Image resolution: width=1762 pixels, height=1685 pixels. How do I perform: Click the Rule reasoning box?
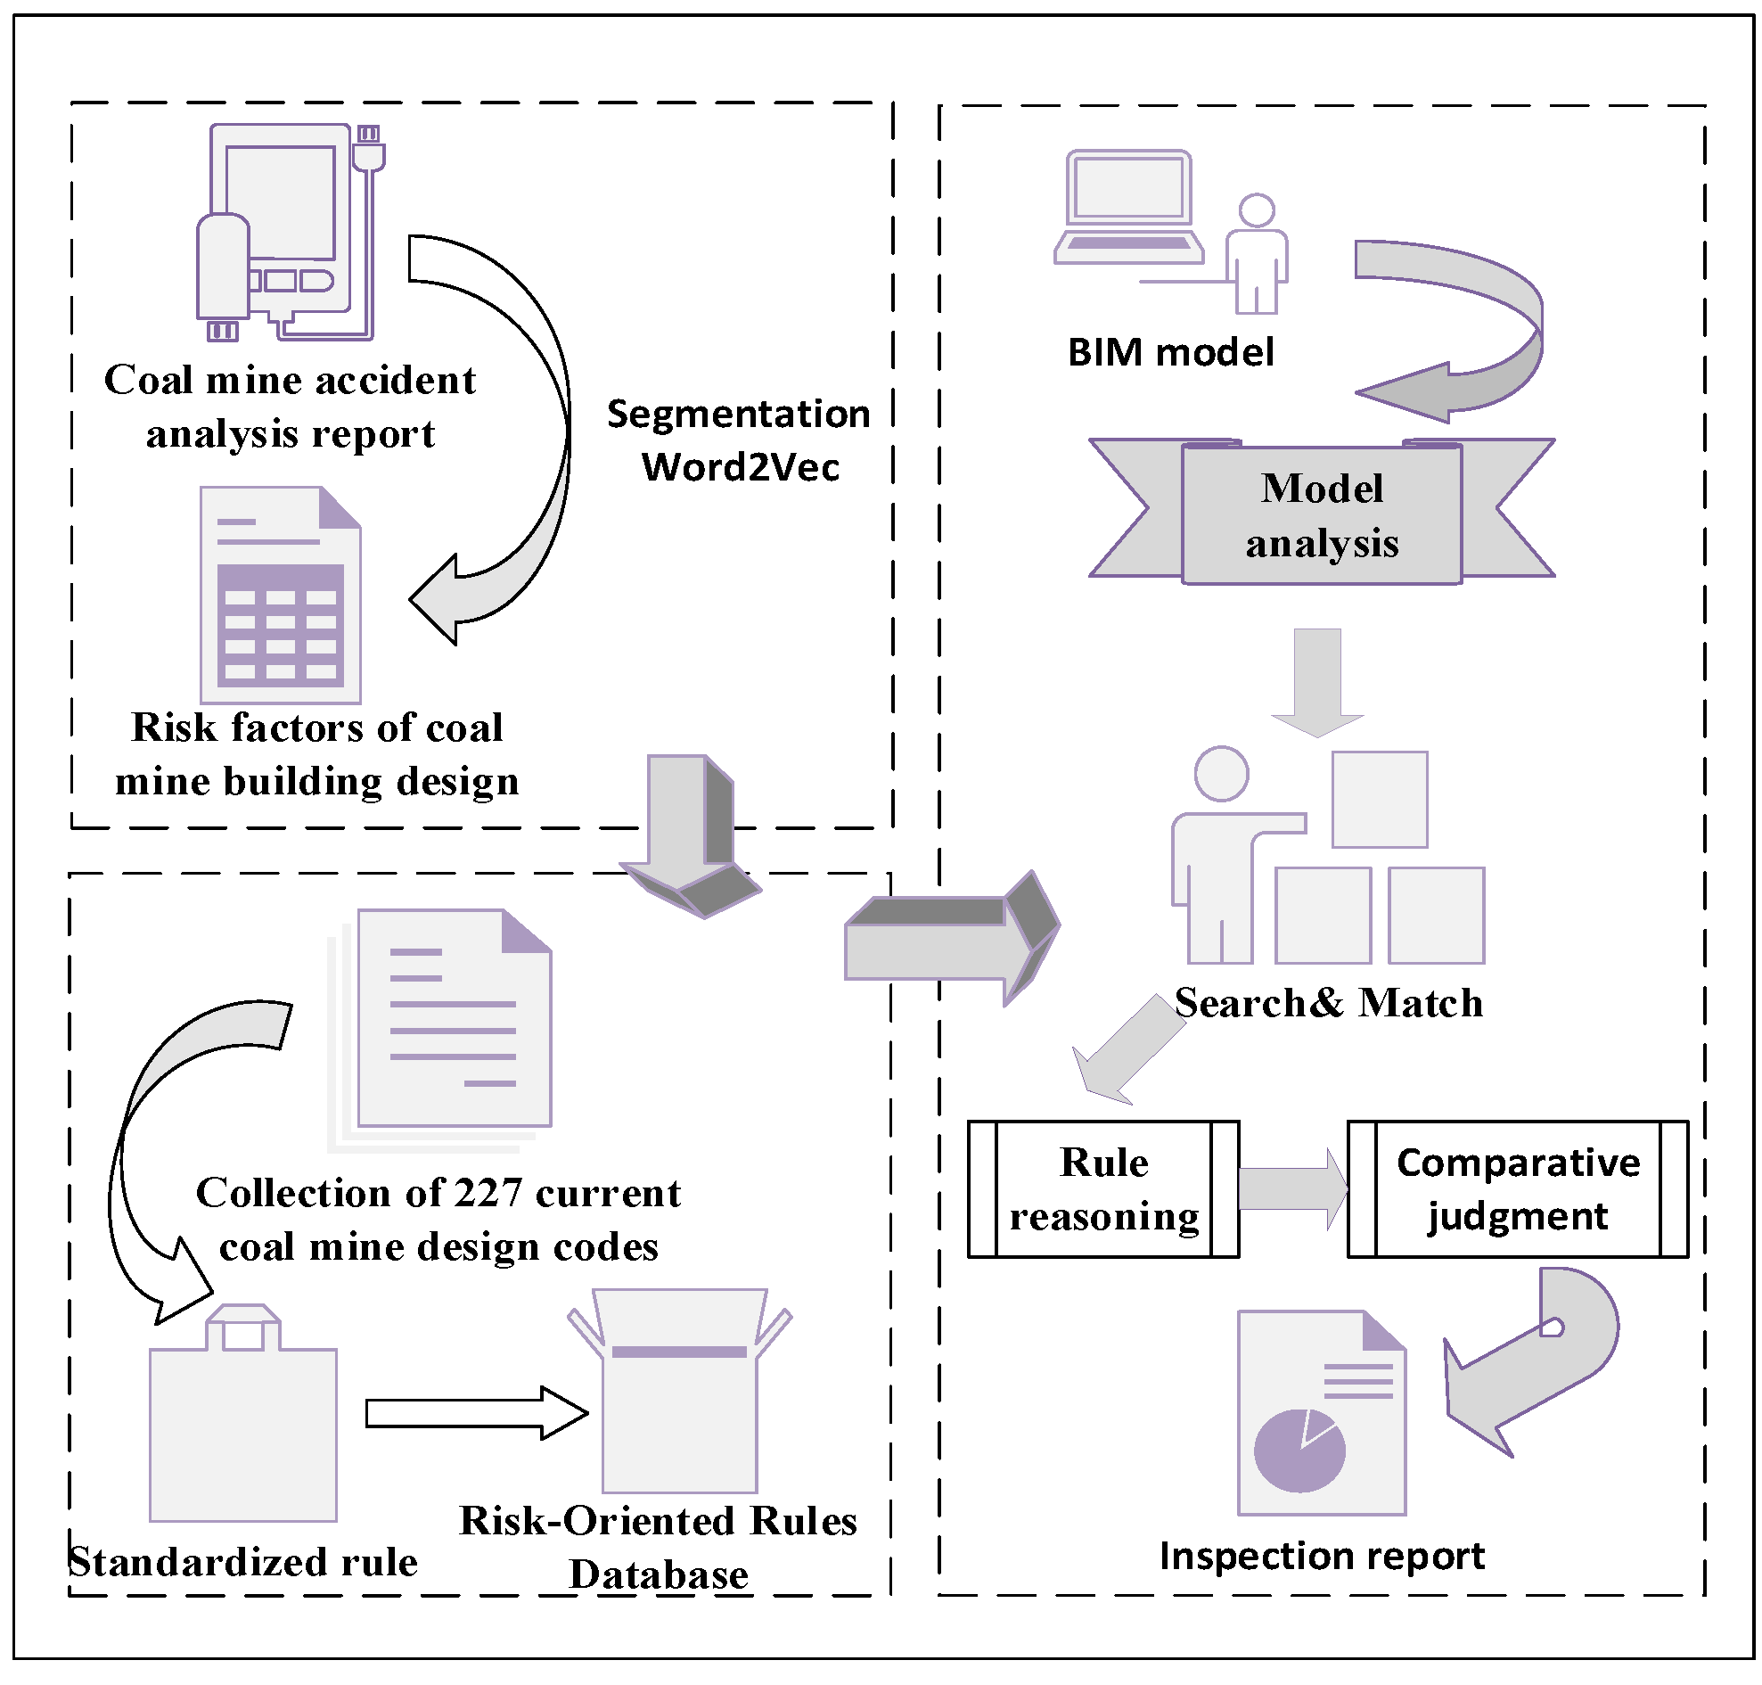click(x=1102, y=1188)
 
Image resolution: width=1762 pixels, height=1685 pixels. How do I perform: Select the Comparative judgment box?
click(x=1517, y=1188)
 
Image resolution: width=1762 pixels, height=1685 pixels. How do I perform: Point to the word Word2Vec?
click(x=740, y=467)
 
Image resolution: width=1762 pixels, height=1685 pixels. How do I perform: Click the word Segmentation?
click(x=738, y=414)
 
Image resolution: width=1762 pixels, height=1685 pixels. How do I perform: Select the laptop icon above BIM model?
click(x=1128, y=208)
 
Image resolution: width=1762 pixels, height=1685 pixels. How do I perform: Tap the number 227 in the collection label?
click(x=488, y=1193)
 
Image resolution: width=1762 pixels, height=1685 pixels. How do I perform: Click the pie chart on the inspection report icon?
click(x=1299, y=1450)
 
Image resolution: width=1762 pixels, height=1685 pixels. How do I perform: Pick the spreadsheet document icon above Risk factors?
click(x=280, y=595)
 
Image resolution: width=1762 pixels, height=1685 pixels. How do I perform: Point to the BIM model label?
click(x=1170, y=352)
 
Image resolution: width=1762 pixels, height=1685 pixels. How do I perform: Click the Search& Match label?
click(x=1328, y=1002)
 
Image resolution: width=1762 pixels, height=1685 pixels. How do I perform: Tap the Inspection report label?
click(x=1321, y=1556)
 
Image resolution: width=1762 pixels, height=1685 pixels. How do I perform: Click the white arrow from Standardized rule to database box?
click(x=476, y=1413)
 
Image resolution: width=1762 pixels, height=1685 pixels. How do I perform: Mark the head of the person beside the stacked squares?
click(x=1220, y=773)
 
